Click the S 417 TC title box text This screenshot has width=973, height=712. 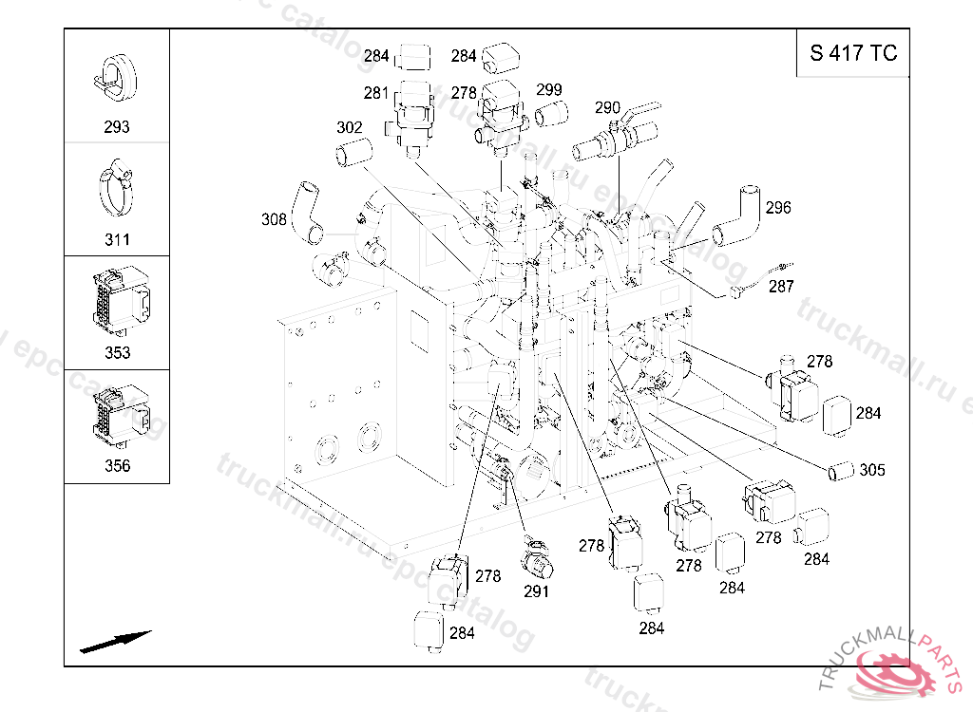coord(853,53)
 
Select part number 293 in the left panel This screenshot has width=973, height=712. coord(117,126)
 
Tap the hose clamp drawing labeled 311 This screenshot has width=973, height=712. coord(117,188)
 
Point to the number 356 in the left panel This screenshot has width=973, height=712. coord(117,465)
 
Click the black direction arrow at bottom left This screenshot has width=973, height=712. coord(115,642)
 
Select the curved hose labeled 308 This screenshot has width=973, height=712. coord(308,212)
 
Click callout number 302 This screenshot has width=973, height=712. coord(350,127)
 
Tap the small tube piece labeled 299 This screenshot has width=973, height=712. coord(551,114)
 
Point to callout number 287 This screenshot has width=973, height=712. coord(781,286)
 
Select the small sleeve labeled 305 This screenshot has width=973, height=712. coord(841,471)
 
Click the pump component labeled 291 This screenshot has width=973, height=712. coord(538,557)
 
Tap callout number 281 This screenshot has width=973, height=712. coord(376,93)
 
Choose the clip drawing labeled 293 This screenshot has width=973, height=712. coord(116,78)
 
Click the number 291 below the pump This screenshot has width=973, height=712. coord(536,591)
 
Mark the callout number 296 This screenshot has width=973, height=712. coord(778,207)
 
